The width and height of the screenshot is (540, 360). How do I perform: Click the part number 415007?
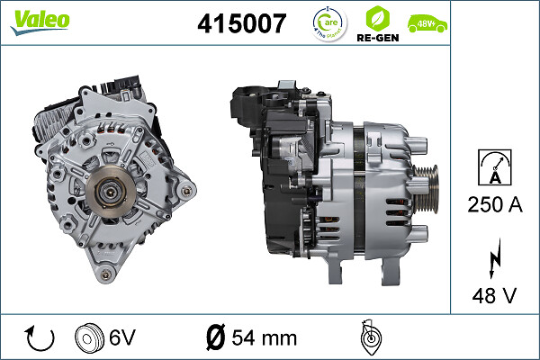coord(240,23)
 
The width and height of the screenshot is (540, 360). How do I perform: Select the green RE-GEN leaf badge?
coord(378,22)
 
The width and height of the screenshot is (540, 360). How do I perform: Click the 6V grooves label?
coord(121,338)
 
